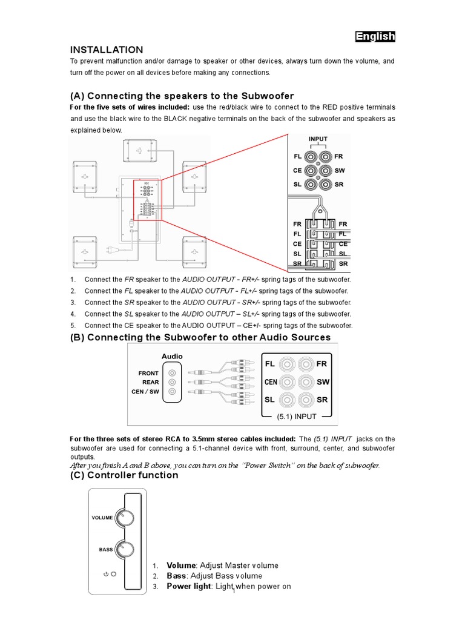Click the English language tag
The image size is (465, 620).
(375, 36)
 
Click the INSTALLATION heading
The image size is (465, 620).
(107, 50)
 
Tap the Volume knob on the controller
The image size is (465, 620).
(125, 518)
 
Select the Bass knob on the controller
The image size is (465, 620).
(125, 550)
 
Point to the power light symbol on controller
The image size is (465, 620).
(110, 573)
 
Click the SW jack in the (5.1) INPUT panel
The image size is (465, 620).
(306, 382)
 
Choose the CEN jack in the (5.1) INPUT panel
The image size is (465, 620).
(286, 382)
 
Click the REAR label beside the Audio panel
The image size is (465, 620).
(151, 382)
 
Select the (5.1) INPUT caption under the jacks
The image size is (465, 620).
(297, 417)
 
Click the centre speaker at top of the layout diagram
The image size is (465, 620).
(139, 151)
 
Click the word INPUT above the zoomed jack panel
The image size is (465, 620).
(318, 139)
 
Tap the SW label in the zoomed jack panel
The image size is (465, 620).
(339, 171)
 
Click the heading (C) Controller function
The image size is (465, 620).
(124, 475)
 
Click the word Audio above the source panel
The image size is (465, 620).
(172, 357)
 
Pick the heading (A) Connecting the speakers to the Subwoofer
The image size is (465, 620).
(182, 96)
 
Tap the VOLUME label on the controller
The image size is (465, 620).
(102, 518)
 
